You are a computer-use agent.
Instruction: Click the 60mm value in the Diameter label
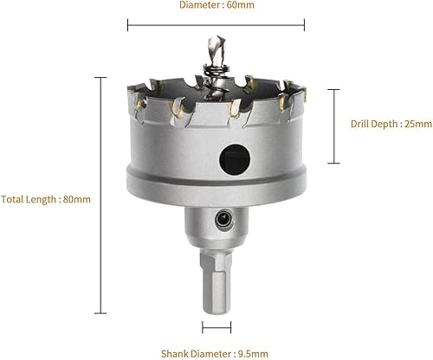click(240, 5)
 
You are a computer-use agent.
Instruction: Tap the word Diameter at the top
click(199, 5)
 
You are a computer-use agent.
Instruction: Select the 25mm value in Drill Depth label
click(418, 124)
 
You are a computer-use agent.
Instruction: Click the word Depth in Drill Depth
click(385, 125)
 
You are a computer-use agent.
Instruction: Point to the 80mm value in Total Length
click(77, 199)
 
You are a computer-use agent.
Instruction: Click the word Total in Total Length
click(12, 199)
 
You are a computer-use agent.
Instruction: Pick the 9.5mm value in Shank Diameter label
click(253, 354)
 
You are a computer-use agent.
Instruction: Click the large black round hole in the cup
click(235, 159)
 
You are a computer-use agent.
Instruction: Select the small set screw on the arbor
click(224, 220)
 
